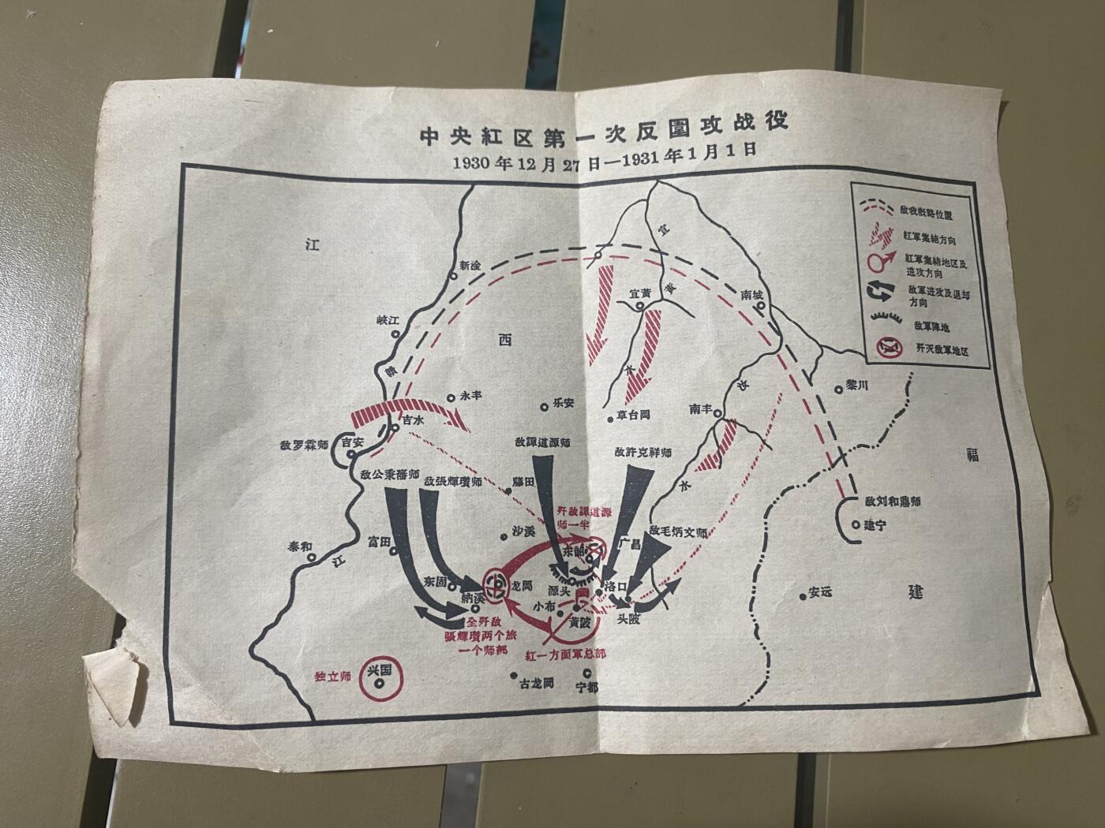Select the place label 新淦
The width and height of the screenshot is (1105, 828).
470,267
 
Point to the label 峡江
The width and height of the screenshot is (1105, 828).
389,322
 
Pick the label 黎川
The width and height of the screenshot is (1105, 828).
856,386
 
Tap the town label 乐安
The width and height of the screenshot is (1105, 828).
564,402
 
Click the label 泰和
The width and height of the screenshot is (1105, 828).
299,545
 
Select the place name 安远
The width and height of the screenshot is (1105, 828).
821,593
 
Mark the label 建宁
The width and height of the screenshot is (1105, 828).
875,524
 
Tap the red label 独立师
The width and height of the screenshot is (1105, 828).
331,676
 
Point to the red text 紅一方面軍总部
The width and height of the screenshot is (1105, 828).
565,655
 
